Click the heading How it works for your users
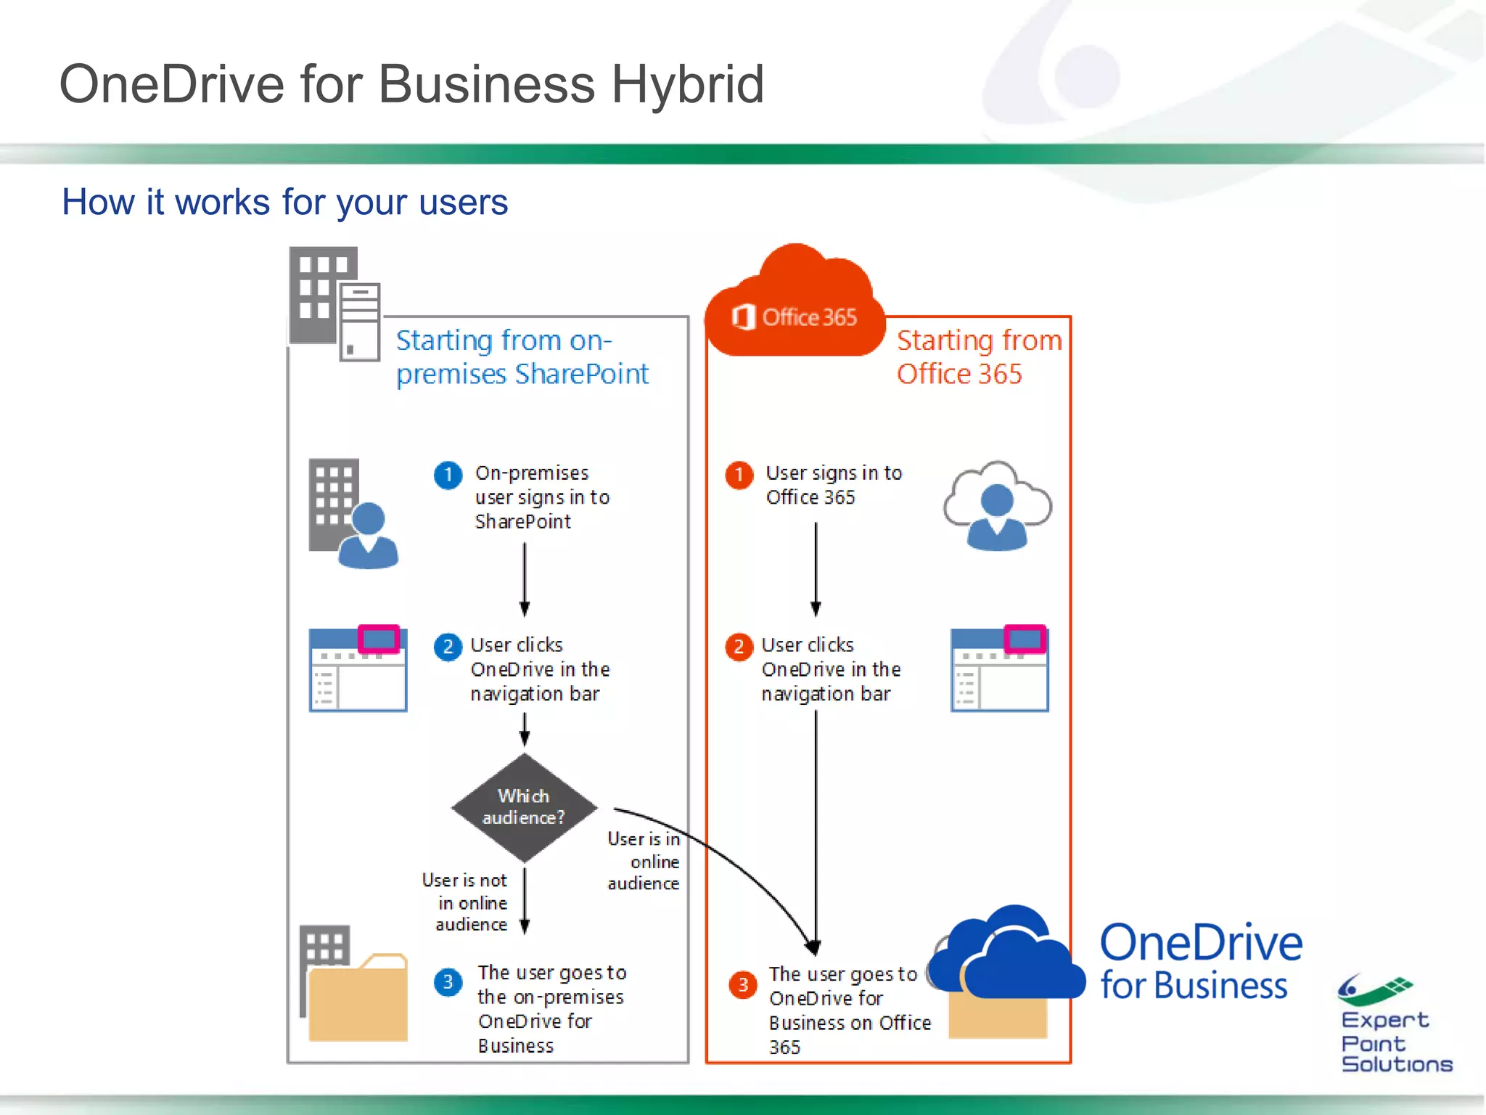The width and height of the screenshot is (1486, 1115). tap(284, 202)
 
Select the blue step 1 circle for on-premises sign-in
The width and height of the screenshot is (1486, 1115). tap(448, 475)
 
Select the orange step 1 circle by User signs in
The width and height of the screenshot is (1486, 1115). tap(739, 475)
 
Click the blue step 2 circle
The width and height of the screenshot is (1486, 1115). tap(448, 647)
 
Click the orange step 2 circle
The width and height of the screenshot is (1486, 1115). tap(739, 647)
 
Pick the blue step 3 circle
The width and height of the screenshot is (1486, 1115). tap(448, 982)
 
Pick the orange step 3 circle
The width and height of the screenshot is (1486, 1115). tap(742, 985)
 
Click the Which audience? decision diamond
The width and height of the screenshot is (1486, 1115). tap(524, 807)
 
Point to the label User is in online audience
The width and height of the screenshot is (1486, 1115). tap(644, 861)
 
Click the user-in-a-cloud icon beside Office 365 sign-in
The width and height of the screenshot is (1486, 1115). tap(997, 506)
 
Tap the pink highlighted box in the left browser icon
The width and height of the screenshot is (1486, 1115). tap(379, 639)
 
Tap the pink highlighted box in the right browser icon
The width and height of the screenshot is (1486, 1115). tap(1025, 639)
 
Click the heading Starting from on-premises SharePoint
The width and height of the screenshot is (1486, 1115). tap(522, 356)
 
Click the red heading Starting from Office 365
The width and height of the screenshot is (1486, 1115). tap(978, 356)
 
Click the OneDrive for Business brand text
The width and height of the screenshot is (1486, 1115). tap(1200, 963)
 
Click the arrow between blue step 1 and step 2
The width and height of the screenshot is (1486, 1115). tap(525, 579)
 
